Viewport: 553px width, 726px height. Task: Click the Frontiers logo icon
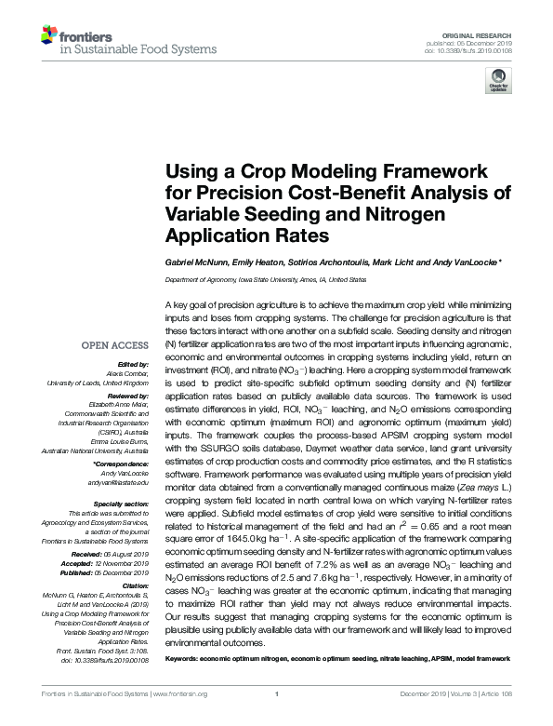(49, 35)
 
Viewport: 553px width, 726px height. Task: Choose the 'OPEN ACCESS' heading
(116, 345)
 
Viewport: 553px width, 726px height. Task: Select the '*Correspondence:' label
(122, 464)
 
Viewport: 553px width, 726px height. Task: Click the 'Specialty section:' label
(120, 503)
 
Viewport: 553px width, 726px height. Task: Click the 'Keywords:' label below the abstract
(185, 659)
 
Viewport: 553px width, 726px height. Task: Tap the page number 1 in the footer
(277, 719)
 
